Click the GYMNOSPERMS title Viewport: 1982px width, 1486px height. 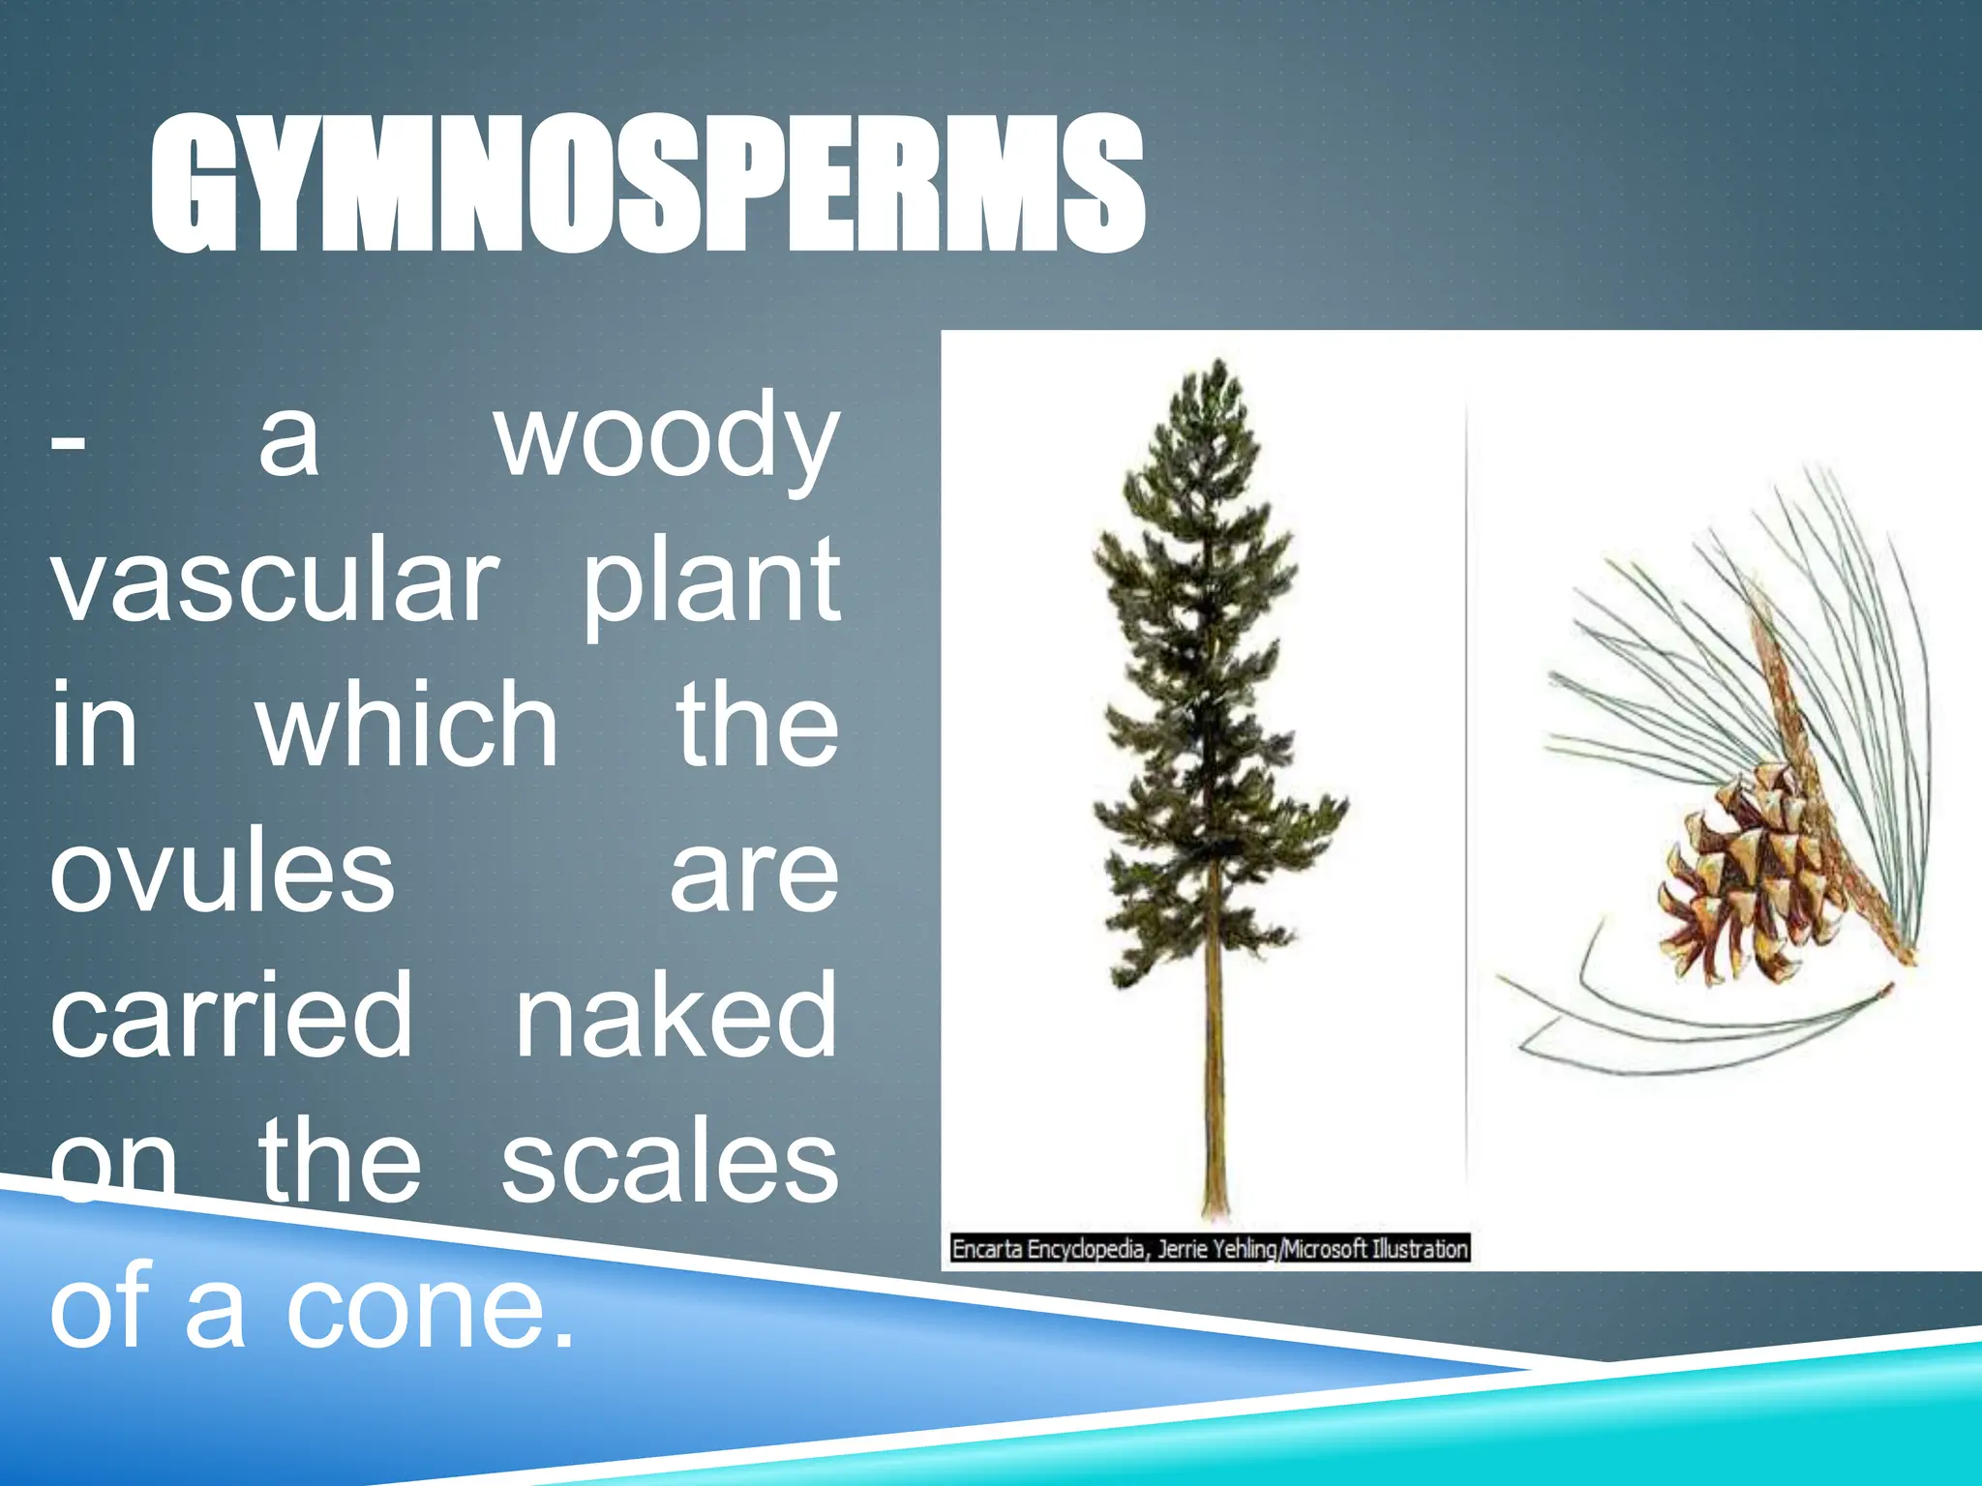[646, 184]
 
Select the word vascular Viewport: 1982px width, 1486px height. [276, 580]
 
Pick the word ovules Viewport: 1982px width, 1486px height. [223, 871]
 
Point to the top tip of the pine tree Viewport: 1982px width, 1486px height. [1220, 366]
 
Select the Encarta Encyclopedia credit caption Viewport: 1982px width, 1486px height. [1210, 1249]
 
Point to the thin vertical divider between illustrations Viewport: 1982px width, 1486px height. [1466, 774]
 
